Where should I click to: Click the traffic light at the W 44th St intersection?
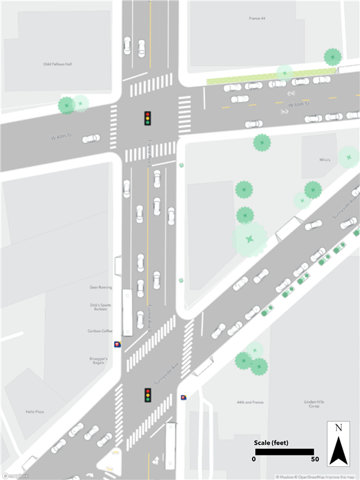[147, 118]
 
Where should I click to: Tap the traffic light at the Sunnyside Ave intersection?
[147, 395]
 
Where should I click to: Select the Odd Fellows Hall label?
[58, 64]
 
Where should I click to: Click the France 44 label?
[257, 19]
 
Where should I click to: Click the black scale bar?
[283, 451]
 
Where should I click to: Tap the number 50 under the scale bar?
[314, 460]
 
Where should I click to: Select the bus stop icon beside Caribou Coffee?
[117, 345]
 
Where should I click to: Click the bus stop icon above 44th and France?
[184, 397]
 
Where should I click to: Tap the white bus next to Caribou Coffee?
[127, 312]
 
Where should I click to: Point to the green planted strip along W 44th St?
[270, 77]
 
